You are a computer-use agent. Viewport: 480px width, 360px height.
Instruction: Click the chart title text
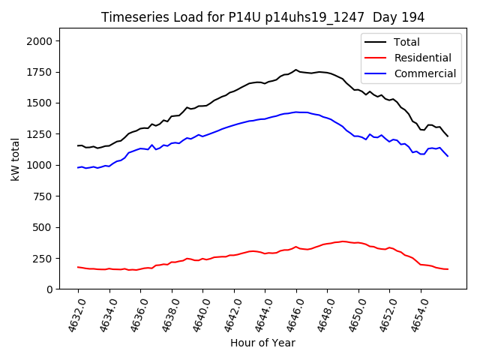[x=262, y=17]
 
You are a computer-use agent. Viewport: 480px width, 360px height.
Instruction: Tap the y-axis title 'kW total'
[x=15, y=158]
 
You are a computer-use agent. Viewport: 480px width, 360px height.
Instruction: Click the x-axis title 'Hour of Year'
[x=262, y=343]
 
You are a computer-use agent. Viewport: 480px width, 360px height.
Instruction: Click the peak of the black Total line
[x=296, y=70]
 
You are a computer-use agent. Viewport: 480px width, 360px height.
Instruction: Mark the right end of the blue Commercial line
[x=448, y=156]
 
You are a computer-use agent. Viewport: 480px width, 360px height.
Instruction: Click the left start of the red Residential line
[x=78, y=267]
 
